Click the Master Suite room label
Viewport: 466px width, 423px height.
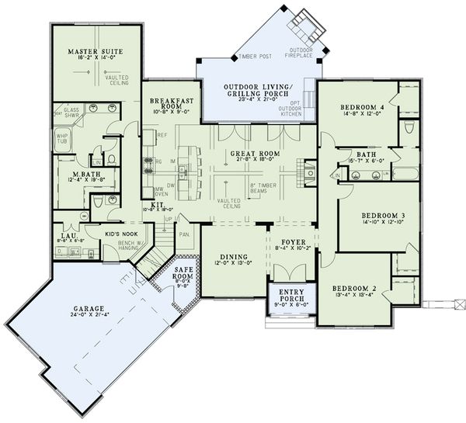(x=92, y=53)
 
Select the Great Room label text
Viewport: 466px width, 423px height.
(x=249, y=154)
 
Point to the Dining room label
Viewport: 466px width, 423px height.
(x=232, y=257)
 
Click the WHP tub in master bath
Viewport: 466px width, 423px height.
(x=62, y=140)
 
